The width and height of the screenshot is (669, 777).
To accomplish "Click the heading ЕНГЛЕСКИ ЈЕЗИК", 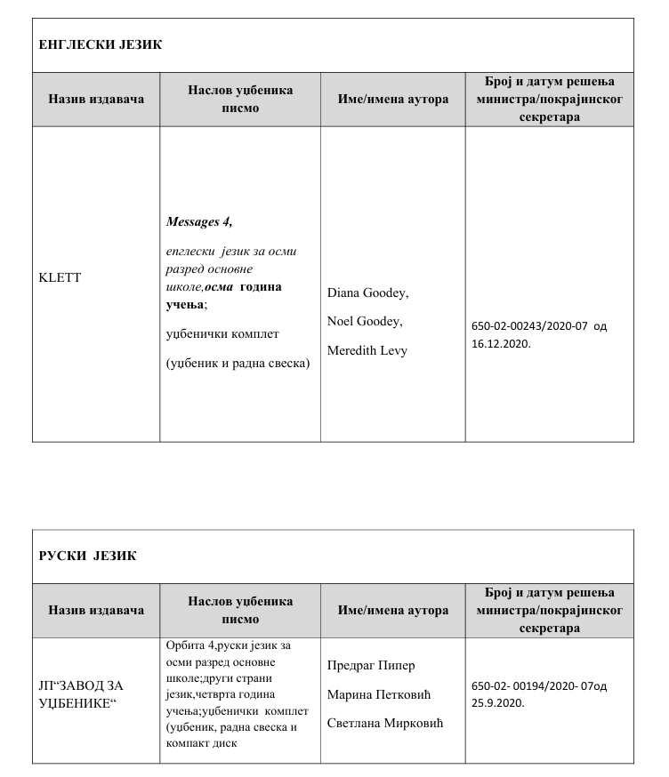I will (101, 44).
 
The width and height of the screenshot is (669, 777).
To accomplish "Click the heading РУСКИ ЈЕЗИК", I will (87, 556).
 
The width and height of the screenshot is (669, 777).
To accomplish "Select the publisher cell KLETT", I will (60, 277).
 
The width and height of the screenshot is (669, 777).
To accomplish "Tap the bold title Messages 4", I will (198, 222).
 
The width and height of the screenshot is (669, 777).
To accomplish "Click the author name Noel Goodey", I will (365, 321).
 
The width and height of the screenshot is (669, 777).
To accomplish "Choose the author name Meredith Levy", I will (367, 350).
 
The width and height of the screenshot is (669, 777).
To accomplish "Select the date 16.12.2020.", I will (501, 342).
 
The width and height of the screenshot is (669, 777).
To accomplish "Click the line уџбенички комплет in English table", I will (223, 333).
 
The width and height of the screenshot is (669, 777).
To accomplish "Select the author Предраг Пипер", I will (372, 665).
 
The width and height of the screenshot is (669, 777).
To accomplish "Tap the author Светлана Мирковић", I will (385, 722).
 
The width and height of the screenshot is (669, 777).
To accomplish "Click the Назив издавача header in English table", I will (96, 99).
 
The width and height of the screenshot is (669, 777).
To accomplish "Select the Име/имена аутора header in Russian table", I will (393, 610).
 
